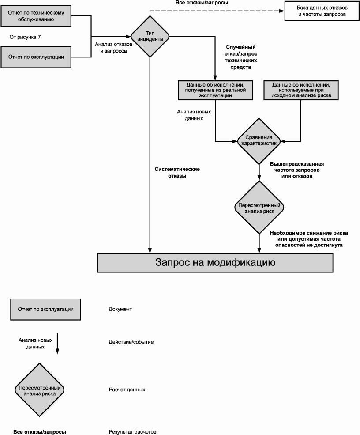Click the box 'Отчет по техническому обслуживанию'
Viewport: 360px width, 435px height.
(x=37, y=16)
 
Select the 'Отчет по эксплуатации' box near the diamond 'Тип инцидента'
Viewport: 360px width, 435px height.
(x=37, y=57)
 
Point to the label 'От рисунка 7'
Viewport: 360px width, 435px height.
(x=25, y=37)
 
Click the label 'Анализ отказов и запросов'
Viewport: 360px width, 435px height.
(x=111, y=48)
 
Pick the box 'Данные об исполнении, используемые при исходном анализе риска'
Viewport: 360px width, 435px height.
(x=301, y=90)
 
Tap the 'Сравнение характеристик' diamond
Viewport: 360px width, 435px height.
(x=259, y=141)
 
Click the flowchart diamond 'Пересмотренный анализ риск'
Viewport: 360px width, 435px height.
(x=259, y=208)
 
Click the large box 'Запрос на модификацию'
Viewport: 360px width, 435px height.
(x=215, y=263)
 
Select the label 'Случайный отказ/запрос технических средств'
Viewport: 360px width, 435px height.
(x=241, y=57)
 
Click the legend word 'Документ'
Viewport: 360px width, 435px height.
(x=120, y=309)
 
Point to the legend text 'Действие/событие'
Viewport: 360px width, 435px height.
(x=131, y=342)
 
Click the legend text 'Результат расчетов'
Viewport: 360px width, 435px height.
(x=132, y=431)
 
